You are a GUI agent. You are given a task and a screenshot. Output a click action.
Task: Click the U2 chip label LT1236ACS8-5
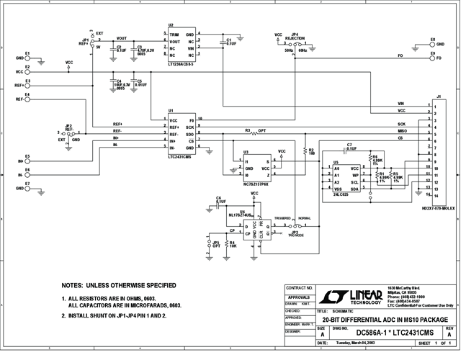[x=181, y=65]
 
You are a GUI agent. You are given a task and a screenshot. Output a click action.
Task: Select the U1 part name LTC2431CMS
[x=179, y=156]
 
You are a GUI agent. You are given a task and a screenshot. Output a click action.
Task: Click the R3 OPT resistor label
[x=256, y=131]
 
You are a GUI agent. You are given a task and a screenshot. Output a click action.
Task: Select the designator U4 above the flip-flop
[x=242, y=212]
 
